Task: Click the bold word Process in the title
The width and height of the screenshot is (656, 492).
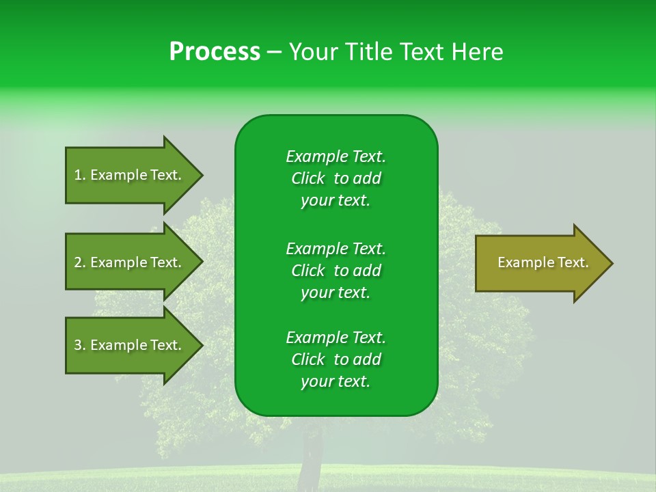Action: [215, 52]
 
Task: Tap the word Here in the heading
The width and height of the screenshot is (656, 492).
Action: [478, 52]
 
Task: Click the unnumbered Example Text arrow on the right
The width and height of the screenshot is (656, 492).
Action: [543, 263]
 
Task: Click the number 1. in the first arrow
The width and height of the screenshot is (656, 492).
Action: [80, 175]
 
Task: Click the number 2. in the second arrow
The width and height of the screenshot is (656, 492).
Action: [80, 262]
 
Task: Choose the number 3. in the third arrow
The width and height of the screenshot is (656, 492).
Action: [80, 345]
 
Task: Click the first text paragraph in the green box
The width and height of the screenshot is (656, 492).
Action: [336, 178]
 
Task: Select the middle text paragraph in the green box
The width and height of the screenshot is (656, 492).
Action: [336, 271]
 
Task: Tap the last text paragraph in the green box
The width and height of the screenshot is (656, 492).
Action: [336, 359]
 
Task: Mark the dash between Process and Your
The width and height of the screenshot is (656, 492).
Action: [274, 52]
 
